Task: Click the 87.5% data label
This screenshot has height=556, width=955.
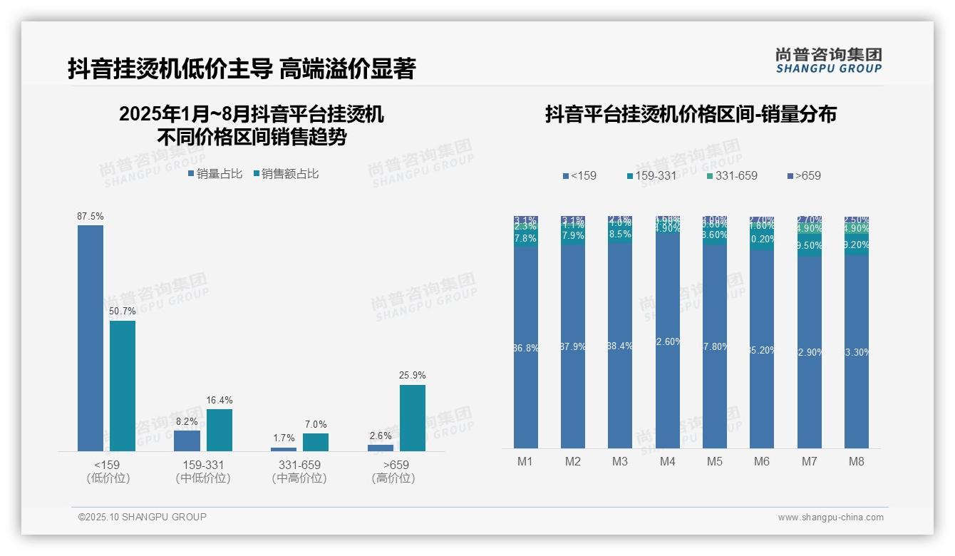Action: (x=91, y=216)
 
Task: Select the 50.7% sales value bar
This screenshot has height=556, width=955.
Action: (x=123, y=386)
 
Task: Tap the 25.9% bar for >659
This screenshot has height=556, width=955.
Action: (x=412, y=418)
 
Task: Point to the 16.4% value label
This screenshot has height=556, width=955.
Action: (x=220, y=400)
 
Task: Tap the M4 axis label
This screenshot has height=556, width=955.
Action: (x=667, y=461)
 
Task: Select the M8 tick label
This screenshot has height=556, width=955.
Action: (x=857, y=461)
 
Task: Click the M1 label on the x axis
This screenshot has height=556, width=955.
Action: (x=525, y=461)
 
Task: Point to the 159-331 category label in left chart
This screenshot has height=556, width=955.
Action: (x=203, y=465)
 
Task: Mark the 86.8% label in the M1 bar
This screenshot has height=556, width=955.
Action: (x=526, y=348)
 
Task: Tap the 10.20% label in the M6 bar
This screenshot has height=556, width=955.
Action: (x=762, y=239)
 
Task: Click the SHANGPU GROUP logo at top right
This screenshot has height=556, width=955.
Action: (x=828, y=60)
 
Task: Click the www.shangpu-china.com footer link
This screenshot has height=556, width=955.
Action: (x=830, y=518)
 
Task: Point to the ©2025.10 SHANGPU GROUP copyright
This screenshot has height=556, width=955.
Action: (x=143, y=517)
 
